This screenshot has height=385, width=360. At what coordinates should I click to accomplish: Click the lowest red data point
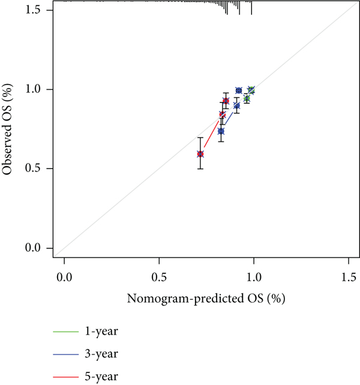click(200, 154)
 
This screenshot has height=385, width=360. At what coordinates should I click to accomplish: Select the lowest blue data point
click(221, 131)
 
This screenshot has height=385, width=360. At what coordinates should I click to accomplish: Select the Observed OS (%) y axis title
click(8, 129)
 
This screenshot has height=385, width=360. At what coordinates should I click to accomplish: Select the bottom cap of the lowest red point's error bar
click(200, 169)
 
